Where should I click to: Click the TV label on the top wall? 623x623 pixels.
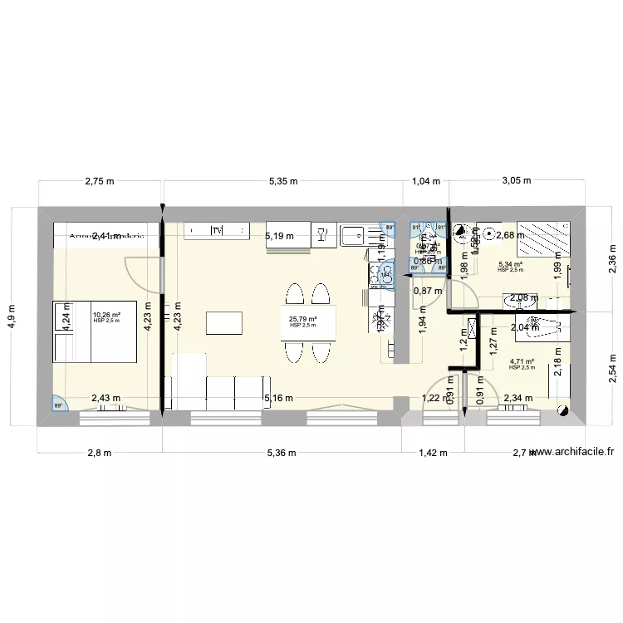click(217, 230)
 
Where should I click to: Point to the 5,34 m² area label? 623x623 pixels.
click(511, 267)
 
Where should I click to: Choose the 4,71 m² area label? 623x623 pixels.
click(522, 363)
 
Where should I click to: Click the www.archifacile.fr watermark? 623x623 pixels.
click(572, 452)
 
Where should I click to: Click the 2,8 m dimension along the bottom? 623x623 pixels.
click(99, 454)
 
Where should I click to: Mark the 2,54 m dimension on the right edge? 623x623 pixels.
click(611, 366)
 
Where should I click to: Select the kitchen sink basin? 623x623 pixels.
click(351, 235)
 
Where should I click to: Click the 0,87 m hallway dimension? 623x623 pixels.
click(427, 291)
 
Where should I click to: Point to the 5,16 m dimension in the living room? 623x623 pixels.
click(277, 399)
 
